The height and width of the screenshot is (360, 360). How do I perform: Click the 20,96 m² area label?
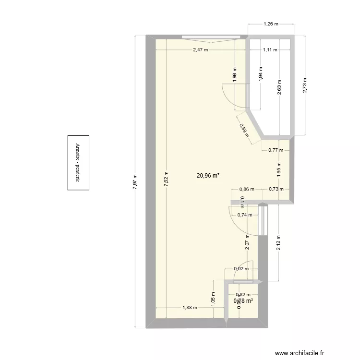208,176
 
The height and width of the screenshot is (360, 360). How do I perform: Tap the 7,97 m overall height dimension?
135,181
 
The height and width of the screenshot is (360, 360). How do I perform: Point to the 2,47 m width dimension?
200,49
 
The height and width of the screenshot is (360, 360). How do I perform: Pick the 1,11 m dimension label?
270,49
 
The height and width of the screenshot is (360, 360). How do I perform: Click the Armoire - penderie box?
77,163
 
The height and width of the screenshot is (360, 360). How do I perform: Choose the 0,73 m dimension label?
276,189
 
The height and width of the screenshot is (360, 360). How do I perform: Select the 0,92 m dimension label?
241,269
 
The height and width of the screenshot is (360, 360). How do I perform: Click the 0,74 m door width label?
244,215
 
